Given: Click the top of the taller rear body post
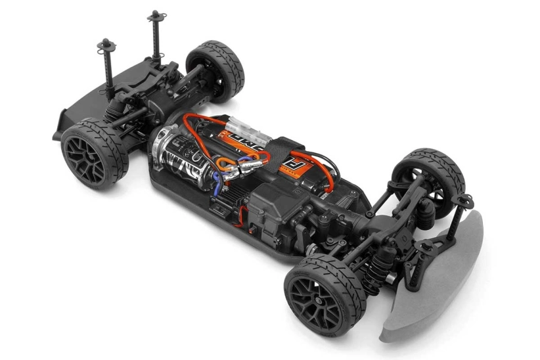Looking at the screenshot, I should click(x=155, y=15).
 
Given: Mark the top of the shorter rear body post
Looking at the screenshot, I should click(x=105, y=45).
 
